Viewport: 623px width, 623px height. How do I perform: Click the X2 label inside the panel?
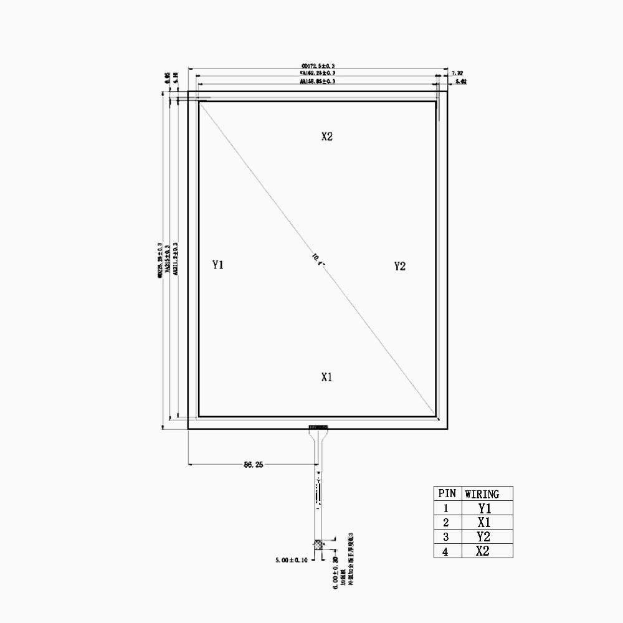click(x=327, y=137)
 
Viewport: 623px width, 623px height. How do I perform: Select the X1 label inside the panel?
click(x=327, y=377)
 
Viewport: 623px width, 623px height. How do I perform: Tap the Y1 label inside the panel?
click(x=217, y=265)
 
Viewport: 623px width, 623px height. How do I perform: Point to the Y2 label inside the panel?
click(x=400, y=267)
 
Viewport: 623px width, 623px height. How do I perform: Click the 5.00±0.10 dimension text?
click(x=292, y=560)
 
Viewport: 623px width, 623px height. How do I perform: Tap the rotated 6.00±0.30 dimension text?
click(x=335, y=571)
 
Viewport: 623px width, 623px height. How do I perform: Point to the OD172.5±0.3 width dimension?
click(x=318, y=65)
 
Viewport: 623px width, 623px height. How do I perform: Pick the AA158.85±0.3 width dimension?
click(x=318, y=82)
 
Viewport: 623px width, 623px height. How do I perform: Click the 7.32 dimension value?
click(x=457, y=74)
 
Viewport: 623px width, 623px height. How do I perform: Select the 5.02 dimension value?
click(x=461, y=82)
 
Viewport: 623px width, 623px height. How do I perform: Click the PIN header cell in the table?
click(x=447, y=493)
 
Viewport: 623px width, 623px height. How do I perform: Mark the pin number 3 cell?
click(x=446, y=536)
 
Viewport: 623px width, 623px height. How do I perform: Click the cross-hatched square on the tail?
click(x=319, y=545)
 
